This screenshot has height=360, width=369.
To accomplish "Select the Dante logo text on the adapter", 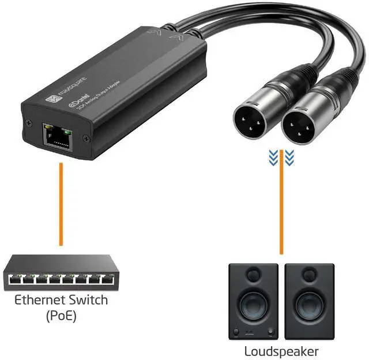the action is (x=78, y=103).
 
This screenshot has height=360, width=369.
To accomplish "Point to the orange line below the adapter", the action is (x=61, y=204).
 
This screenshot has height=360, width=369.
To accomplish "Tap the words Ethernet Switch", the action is (x=61, y=301).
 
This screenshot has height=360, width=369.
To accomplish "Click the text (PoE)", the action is (x=61, y=316).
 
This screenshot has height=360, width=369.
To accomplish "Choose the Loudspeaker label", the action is (x=281, y=351).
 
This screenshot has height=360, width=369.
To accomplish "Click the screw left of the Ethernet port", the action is (x=27, y=123).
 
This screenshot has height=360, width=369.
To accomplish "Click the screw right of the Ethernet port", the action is (x=86, y=137).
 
